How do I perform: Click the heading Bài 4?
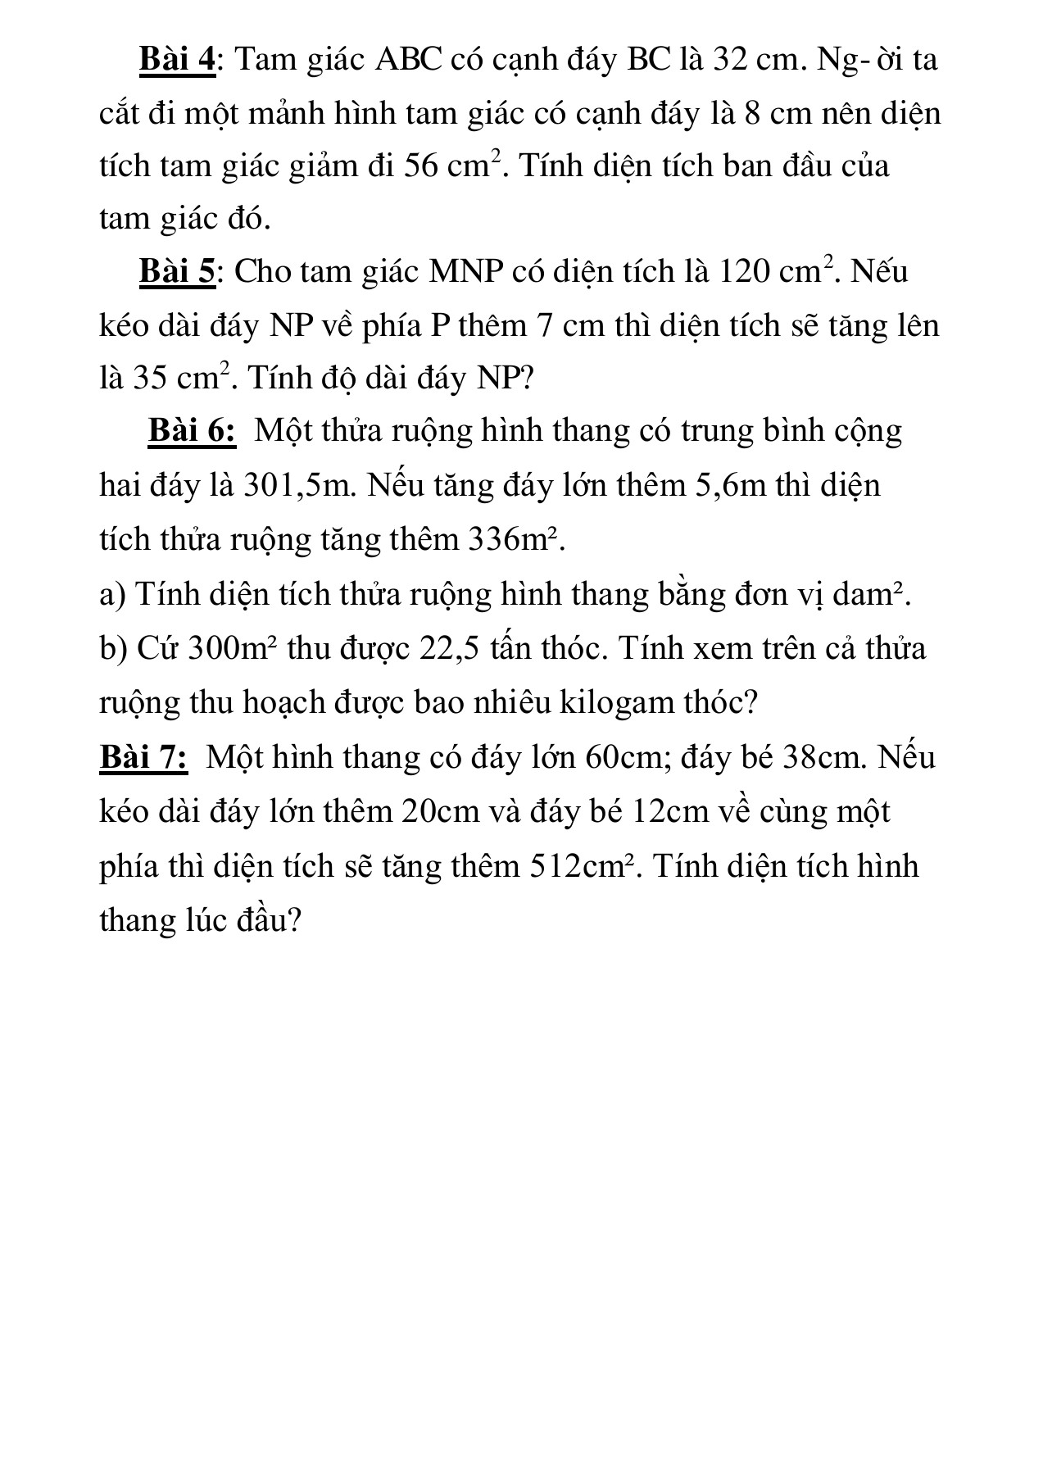click(177, 60)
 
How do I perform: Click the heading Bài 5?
click(177, 271)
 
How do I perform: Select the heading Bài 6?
click(192, 431)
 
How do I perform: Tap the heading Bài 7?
click(143, 757)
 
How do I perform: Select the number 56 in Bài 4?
click(423, 166)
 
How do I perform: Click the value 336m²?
click(515, 540)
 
